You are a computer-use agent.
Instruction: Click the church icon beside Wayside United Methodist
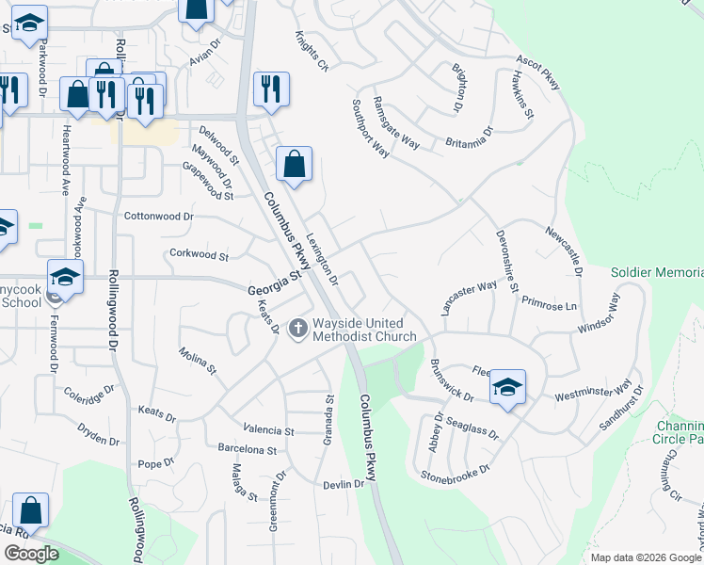pos(298,329)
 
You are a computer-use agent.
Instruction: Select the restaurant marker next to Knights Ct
pos(271,89)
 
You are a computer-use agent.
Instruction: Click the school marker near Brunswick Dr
pos(507,386)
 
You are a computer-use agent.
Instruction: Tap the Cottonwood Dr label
pos(159,216)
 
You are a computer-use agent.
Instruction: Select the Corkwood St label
pos(198,255)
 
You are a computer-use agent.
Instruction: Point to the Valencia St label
pos(268,430)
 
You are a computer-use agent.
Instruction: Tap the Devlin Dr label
pos(343,484)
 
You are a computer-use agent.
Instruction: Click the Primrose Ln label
pos(554,306)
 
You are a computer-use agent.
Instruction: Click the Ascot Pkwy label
pos(537,73)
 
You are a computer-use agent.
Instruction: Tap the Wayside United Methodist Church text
pos(364,330)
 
